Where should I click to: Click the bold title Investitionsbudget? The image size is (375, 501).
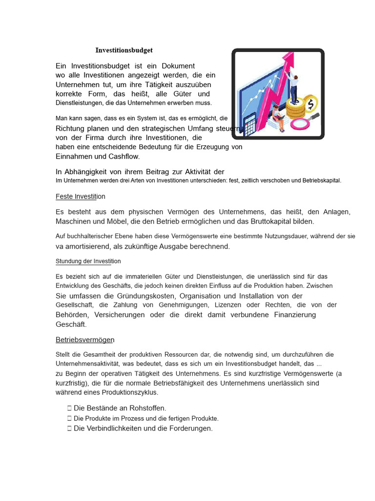pos(124,50)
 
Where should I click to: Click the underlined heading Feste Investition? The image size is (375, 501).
pos(81,196)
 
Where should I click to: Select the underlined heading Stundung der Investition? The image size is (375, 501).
pos(88,261)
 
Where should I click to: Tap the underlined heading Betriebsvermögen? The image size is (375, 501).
pos(85,340)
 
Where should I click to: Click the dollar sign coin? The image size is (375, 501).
pos(310,104)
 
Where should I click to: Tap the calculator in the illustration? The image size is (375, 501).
pos(250,125)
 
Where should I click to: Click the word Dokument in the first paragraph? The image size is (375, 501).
pos(178,66)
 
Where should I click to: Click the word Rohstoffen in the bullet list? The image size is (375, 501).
pos(146,408)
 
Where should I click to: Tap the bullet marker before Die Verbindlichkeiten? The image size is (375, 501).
pos(69,429)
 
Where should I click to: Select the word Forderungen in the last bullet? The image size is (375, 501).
pos(187,429)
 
